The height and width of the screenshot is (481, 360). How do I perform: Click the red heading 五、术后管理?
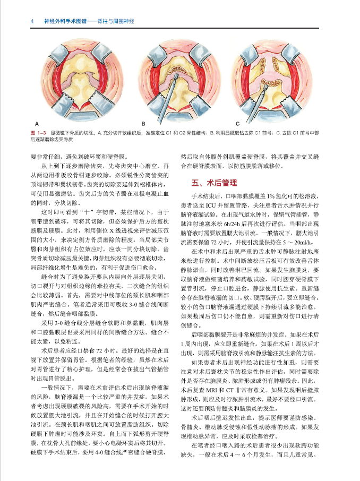pos(214,183)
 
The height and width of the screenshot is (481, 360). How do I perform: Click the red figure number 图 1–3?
pos(40,132)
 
